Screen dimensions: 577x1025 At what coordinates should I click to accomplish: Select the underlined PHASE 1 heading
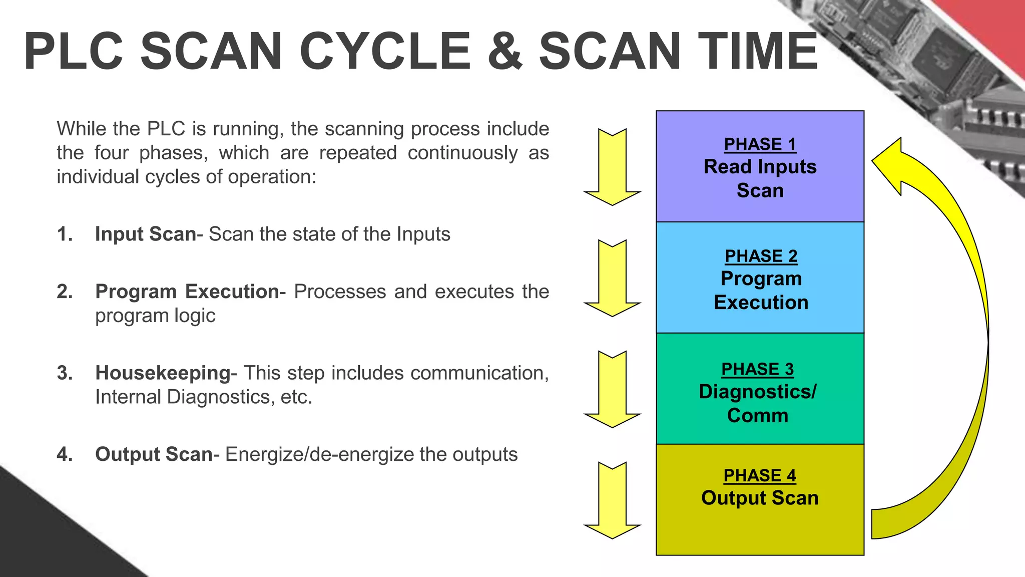(760, 144)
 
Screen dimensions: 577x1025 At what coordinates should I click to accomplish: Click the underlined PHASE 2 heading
(761, 256)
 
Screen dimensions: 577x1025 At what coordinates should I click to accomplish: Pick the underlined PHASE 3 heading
(758, 369)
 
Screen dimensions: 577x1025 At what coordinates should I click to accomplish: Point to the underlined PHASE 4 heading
(760, 475)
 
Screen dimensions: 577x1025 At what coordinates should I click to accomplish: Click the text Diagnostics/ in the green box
(758, 392)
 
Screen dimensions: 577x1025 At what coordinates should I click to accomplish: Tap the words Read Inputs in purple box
(760, 167)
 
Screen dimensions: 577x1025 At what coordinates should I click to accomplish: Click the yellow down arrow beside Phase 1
(612, 168)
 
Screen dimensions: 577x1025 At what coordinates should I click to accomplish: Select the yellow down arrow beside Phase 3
(612, 390)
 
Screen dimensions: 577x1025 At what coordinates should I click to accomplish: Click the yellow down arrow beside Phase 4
(612, 501)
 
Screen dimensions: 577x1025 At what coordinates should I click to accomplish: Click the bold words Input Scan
(145, 234)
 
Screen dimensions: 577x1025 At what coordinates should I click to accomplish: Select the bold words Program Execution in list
(187, 292)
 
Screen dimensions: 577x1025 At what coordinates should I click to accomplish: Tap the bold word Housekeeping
(163, 373)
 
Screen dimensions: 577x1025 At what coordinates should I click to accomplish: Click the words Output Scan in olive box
(760, 498)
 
